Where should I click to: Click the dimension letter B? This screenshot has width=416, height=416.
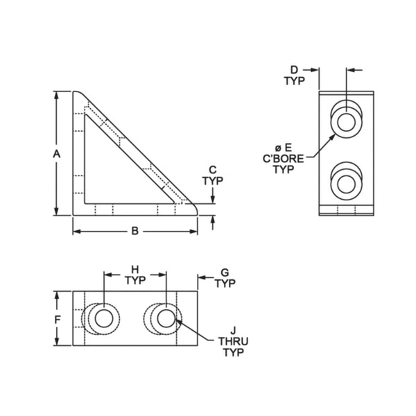pos(135,231)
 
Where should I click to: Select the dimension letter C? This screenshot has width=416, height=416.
pos(212,169)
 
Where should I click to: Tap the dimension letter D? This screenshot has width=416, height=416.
pos(293,70)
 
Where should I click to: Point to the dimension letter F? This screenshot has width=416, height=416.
pos(58,319)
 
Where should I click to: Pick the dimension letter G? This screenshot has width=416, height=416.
pos(225,272)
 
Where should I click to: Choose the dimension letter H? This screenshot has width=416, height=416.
pos(135,269)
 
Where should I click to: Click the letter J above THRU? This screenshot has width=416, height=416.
pos(234,331)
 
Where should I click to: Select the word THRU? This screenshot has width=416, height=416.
pos(234,342)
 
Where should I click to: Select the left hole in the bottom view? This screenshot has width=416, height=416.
pos(105,319)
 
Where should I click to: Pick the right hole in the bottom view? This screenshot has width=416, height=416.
pos(165,319)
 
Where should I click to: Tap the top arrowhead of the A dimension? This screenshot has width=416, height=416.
pos(58,96)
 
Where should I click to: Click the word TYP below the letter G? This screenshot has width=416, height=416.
pos(225,284)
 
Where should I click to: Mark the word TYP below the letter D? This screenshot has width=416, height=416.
pos(293,81)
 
